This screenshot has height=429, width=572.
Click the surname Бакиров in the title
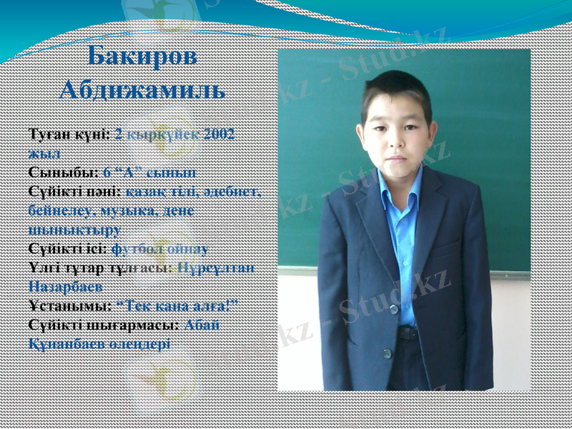(x=142, y=58)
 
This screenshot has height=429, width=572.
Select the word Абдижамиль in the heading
(x=142, y=91)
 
